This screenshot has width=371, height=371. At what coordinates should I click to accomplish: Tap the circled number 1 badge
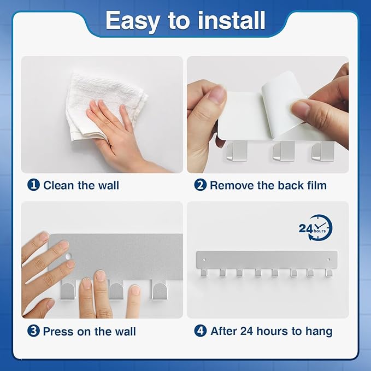point(34,185)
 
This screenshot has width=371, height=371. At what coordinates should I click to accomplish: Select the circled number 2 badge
point(201,185)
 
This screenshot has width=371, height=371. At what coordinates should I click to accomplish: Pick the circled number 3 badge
point(34,331)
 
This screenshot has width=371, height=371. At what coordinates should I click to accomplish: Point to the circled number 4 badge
point(201,331)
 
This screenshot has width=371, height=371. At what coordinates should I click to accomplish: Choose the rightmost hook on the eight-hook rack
point(328,272)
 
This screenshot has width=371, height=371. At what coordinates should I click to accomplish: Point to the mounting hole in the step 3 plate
point(67,256)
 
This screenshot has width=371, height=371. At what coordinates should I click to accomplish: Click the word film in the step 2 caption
point(315,185)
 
